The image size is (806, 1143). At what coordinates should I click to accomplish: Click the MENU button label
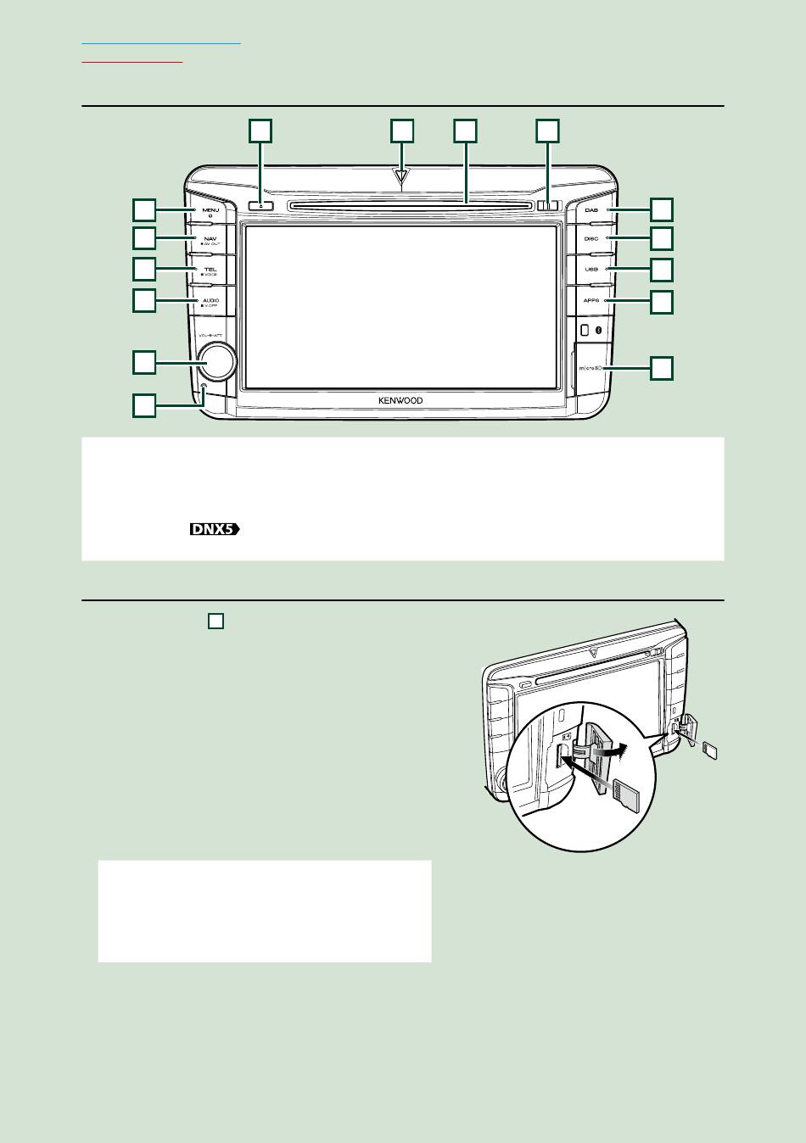point(210,209)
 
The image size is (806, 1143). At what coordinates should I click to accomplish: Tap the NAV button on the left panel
point(210,239)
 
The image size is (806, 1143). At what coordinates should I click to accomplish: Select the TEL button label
point(210,269)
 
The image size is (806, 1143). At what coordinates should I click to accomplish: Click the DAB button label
point(591,209)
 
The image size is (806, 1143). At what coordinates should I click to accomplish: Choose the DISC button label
point(591,239)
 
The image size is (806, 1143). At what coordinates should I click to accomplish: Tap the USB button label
point(591,270)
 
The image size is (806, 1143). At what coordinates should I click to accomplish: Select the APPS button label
point(591,300)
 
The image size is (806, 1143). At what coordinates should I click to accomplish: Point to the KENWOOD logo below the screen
point(400,401)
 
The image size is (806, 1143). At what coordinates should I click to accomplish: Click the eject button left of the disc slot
point(261,205)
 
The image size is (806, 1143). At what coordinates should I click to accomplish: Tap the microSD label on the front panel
point(590,369)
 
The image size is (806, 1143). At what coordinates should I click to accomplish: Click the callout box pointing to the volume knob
point(144,362)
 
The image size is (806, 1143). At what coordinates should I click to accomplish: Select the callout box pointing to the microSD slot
point(662,368)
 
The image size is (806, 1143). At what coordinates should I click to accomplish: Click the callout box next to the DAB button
point(662,209)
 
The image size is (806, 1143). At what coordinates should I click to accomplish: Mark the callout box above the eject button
point(260,130)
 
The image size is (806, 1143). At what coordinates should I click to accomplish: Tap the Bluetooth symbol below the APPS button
point(599,330)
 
